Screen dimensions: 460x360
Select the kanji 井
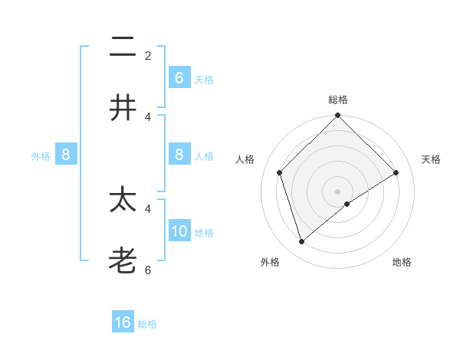(x=123, y=107)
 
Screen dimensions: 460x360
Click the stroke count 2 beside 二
(x=148, y=56)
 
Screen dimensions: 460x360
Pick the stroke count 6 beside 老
(x=148, y=270)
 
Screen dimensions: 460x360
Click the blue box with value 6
(x=179, y=78)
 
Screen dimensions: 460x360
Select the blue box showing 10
(x=179, y=231)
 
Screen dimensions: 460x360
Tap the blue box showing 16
(x=123, y=322)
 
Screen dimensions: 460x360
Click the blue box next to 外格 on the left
(x=66, y=155)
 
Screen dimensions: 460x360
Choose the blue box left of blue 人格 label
(x=179, y=155)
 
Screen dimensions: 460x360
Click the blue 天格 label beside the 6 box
(x=204, y=80)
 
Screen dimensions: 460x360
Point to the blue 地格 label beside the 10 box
(x=204, y=233)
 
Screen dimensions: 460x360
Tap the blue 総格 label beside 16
(x=147, y=324)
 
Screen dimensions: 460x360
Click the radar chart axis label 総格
(x=338, y=100)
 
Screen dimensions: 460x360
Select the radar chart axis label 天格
(x=432, y=159)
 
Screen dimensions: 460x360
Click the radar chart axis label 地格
(x=402, y=262)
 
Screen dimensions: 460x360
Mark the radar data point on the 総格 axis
(x=338, y=116)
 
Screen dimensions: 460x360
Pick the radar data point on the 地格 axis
(x=347, y=204)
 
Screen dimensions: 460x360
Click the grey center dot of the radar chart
(x=338, y=191)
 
